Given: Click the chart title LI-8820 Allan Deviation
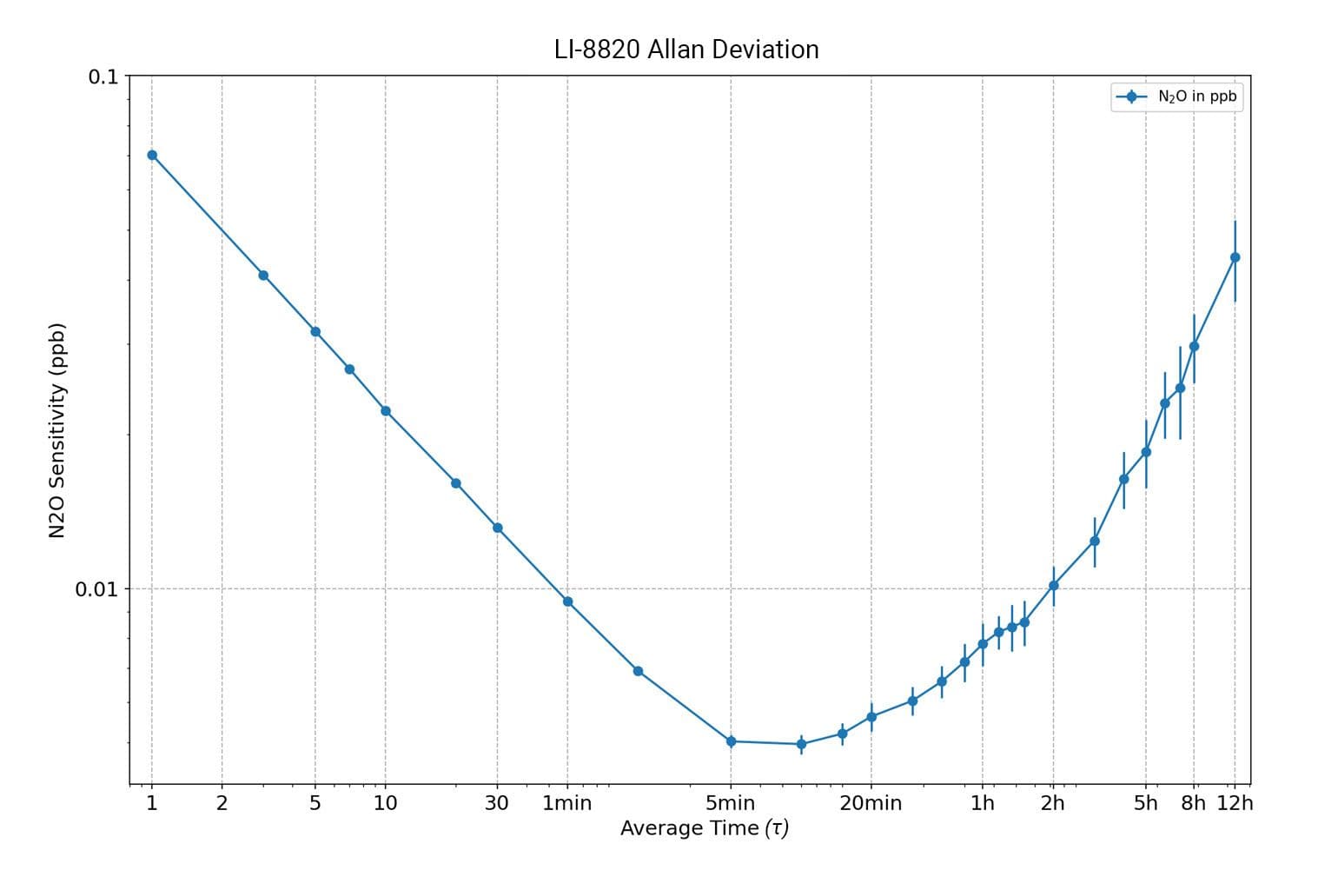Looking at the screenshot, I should click(x=686, y=50).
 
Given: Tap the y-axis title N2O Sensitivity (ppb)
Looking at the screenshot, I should click(x=57, y=430).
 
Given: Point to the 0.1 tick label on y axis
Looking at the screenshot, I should click(x=103, y=76).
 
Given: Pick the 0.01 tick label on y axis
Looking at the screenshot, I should click(x=96, y=589).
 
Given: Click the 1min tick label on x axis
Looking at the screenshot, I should click(x=566, y=803).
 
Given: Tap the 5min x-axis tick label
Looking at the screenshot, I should click(x=730, y=803).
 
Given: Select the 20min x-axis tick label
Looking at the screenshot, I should click(x=871, y=803).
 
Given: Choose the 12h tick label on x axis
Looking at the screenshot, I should click(x=1235, y=803).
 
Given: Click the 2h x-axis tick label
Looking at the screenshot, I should click(x=1053, y=803).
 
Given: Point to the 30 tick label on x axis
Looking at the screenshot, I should click(x=496, y=803).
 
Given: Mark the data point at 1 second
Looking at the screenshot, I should click(x=152, y=155).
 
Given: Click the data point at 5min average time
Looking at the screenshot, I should click(x=731, y=741).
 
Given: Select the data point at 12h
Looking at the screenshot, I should click(x=1235, y=257).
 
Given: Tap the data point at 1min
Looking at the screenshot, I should click(x=567, y=601).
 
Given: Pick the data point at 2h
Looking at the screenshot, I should click(x=1053, y=585).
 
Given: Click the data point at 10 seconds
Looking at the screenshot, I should click(x=386, y=411).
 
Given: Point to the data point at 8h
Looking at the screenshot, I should click(x=1194, y=346).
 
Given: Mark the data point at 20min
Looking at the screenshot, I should click(x=871, y=717).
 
